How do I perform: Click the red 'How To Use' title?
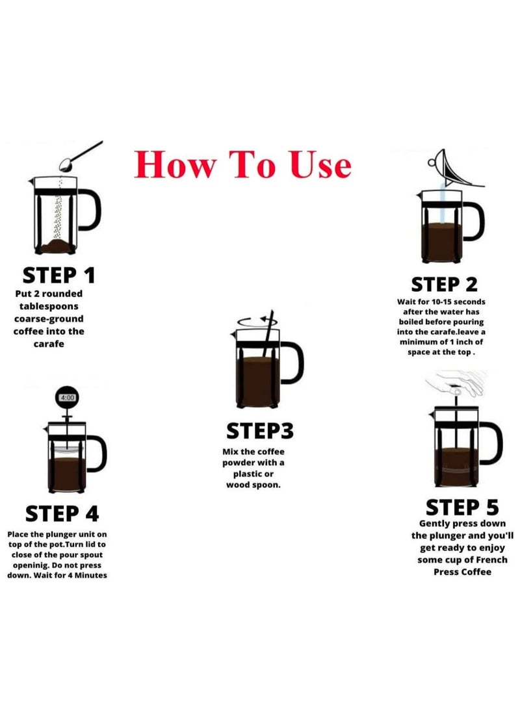[x=243, y=164]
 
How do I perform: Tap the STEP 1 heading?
[x=58, y=276]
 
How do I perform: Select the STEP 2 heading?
[x=444, y=285]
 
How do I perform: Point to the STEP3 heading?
[x=260, y=431]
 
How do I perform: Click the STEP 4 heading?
[x=62, y=513]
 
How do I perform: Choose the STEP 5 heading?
[x=462, y=508]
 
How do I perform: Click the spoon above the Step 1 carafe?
[x=81, y=156]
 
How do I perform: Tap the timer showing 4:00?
[x=67, y=398]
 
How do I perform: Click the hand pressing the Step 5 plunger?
[x=457, y=383]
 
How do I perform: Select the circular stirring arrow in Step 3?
[x=257, y=322]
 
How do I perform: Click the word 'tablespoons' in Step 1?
[x=49, y=306]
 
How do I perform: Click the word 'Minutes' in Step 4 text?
[x=91, y=575]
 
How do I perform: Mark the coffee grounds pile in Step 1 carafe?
[x=56, y=247]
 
